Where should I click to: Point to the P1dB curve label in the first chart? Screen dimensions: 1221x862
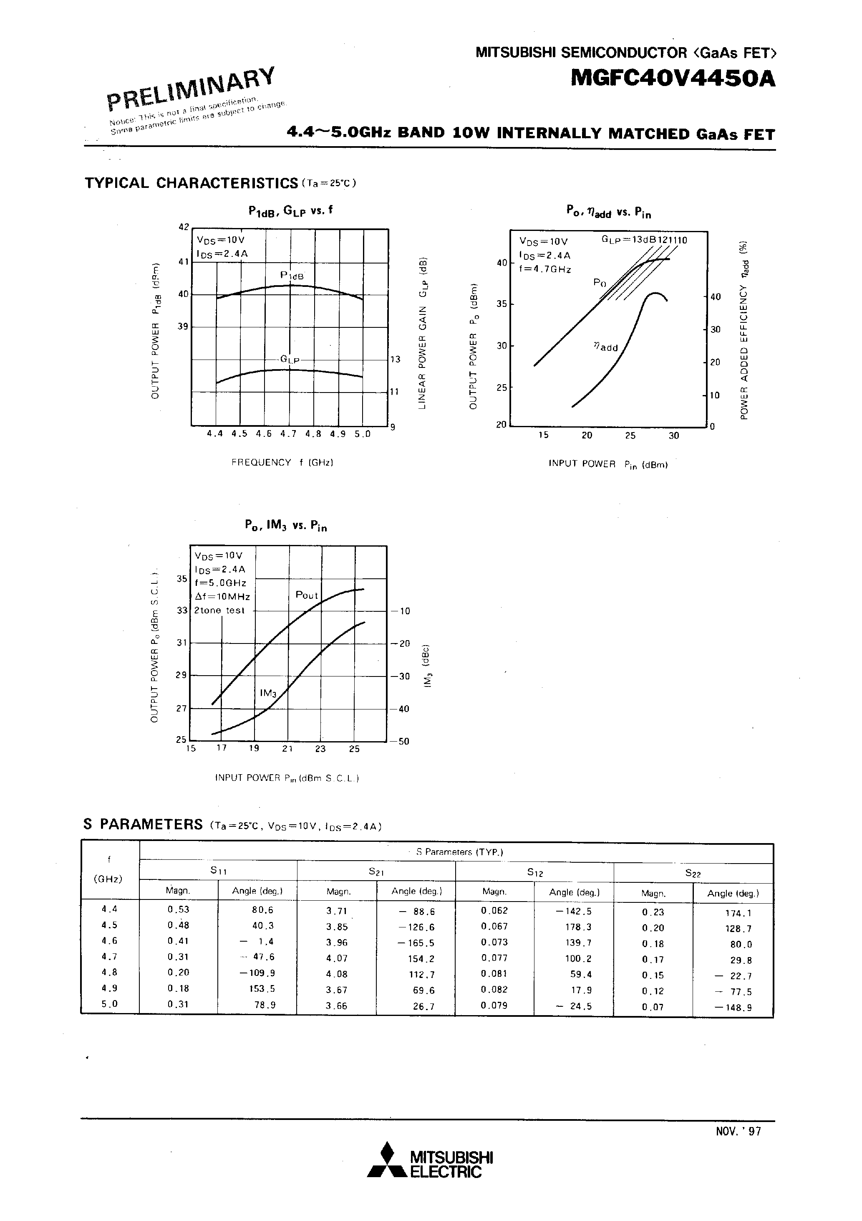coord(292,276)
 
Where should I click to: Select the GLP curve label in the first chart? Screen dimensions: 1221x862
coord(290,360)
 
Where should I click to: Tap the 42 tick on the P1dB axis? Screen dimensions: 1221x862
coord(184,227)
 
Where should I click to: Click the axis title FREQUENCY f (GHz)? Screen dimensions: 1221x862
coord(282,462)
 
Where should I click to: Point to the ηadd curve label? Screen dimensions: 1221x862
coord(605,347)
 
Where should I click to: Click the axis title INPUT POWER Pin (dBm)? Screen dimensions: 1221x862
coord(608,464)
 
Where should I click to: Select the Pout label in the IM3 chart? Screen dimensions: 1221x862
coord(307,595)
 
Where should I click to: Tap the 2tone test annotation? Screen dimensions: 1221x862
coord(219,610)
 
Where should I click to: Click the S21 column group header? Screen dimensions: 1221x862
coord(376,872)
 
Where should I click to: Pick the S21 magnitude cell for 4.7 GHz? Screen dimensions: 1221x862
coord(336,958)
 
